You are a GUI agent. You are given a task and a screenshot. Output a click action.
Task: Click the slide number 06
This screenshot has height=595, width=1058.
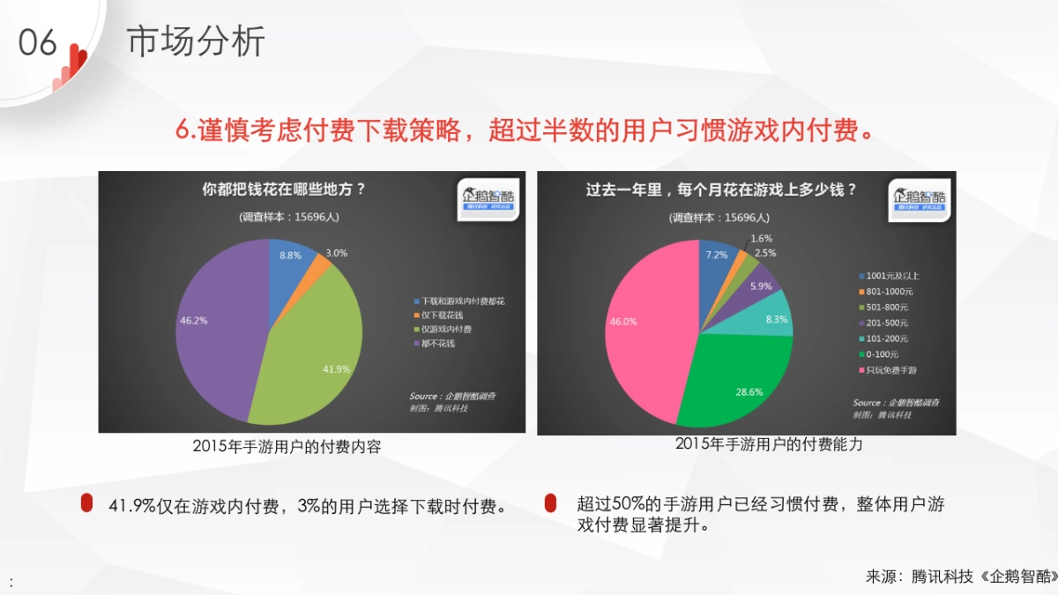[x=38, y=42]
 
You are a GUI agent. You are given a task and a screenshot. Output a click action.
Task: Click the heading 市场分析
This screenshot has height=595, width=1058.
[x=196, y=41]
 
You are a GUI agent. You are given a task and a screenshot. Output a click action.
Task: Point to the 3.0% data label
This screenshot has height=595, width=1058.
[x=336, y=253]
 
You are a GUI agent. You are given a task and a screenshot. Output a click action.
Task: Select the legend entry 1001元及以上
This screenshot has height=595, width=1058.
[x=893, y=276]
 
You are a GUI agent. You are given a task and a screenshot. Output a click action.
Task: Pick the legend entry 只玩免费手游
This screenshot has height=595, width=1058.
[x=893, y=370]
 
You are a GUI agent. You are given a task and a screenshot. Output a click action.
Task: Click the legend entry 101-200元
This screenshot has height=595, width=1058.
[x=888, y=338]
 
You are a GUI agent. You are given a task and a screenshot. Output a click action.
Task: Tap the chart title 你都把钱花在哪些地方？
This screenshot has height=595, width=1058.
[x=284, y=189]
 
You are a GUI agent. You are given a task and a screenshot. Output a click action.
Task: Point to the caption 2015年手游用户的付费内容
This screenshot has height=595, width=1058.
[x=287, y=446]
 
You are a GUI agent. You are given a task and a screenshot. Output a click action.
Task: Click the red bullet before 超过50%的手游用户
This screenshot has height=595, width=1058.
[x=550, y=503]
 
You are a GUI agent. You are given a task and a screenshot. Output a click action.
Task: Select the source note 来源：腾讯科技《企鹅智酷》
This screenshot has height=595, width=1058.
[x=961, y=576]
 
